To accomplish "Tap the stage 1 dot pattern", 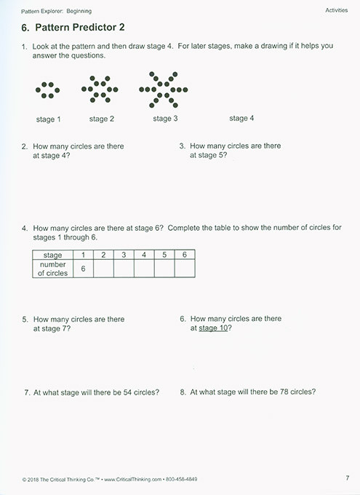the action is click(48, 90).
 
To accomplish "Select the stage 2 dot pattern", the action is click(101, 90).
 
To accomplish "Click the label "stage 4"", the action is click(242, 119).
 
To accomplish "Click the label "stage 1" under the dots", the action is click(48, 119).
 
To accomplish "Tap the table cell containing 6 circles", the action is click(84, 269).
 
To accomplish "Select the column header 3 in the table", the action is click(124, 255).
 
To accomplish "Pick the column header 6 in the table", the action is click(185, 255).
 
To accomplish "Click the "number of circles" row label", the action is click(53, 269).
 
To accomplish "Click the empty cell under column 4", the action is click(144, 269).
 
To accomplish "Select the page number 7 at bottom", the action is click(348, 478).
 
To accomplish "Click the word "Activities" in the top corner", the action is click(337, 11).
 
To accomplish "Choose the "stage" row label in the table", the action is click(53, 255).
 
